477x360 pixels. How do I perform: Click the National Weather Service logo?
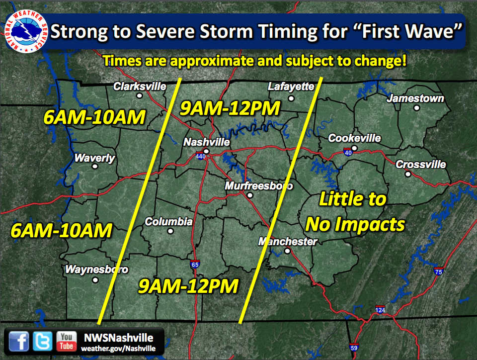pos(26,31)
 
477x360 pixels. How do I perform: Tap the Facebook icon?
pos(19,341)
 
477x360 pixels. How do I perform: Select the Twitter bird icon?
pos(42,341)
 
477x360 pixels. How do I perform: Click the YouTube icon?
pos(66,341)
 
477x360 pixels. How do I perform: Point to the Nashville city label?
pos(207,142)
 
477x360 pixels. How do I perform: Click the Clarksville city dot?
pos(139,95)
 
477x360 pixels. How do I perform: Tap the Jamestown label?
pos(415,98)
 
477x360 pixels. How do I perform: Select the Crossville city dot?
pos(408,174)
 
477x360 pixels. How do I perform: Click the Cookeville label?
pos(354,138)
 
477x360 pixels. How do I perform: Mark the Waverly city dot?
pos(95,167)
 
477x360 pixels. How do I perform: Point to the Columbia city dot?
pos(170,231)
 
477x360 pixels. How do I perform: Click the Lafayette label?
pos(291,87)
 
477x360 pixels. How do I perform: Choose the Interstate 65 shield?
pos(195,264)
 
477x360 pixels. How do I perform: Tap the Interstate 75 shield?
pos(438,271)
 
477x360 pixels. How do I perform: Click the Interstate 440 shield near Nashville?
pos(200,156)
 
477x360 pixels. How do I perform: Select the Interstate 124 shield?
pos(380,309)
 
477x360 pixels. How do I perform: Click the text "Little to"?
pos(353,199)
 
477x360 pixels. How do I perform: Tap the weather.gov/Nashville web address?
pos(118,349)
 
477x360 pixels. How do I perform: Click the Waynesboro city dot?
pos(95,280)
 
